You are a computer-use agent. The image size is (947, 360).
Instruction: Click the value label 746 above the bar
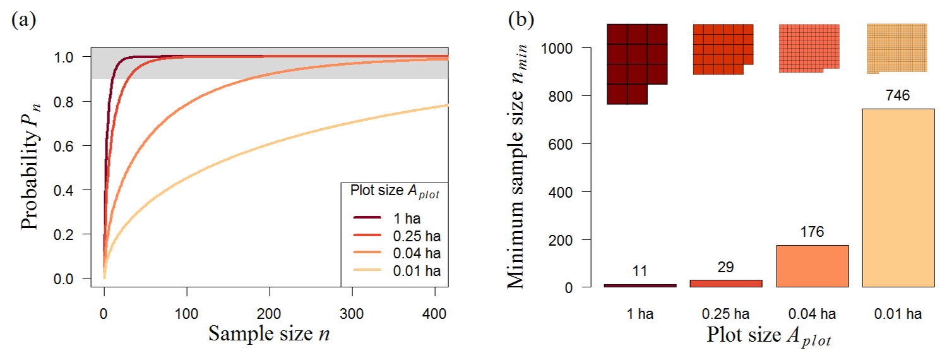pyautogui.click(x=898, y=96)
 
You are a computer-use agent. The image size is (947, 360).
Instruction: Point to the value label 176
pyautogui.click(x=812, y=232)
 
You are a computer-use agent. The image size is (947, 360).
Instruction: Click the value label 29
pyautogui.click(x=726, y=267)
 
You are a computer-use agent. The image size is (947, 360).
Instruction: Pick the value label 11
pyautogui.click(x=640, y=272)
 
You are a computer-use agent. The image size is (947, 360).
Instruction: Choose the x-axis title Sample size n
pyautogui.click(x=269, y=333)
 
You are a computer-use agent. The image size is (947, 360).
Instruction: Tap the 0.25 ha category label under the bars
pyautogui.click(x=726, y=313)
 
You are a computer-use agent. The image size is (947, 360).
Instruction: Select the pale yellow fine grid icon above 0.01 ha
pyautogui.click(x=896, y=48)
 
